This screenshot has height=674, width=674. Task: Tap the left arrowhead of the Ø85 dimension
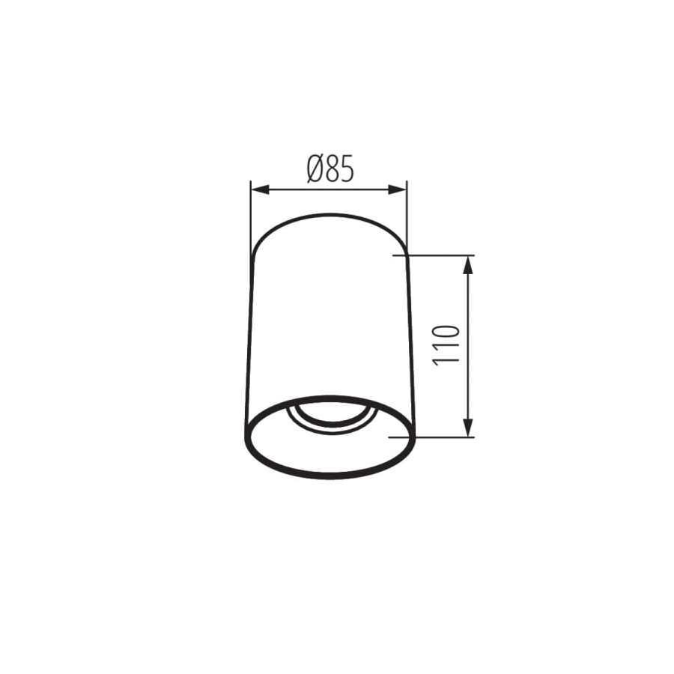(256, 189)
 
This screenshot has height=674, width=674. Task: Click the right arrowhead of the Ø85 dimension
(400, 189)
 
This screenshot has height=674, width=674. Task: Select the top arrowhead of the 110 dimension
(469, 261)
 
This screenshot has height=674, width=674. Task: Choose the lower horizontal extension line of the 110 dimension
(442, 437)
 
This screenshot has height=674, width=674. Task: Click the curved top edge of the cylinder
(330, 216)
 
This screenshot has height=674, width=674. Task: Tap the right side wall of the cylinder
(410, 337)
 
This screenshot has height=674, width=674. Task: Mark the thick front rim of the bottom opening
(330, 474)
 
